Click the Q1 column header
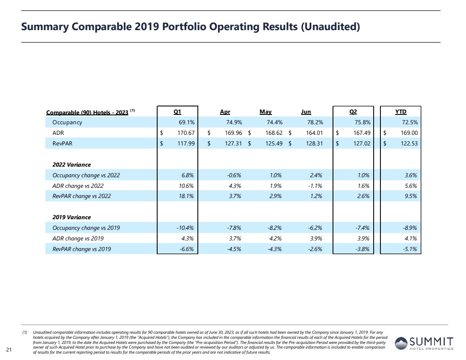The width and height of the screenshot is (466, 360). [178, 112]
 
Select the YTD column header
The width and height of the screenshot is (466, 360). [401, 112]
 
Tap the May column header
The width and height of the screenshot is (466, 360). [266, 112]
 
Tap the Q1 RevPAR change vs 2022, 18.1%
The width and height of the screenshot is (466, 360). [186, 196]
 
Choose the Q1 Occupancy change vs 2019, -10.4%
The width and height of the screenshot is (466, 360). [185, 228]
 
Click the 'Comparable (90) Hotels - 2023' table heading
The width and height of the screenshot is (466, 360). [87, 112]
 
